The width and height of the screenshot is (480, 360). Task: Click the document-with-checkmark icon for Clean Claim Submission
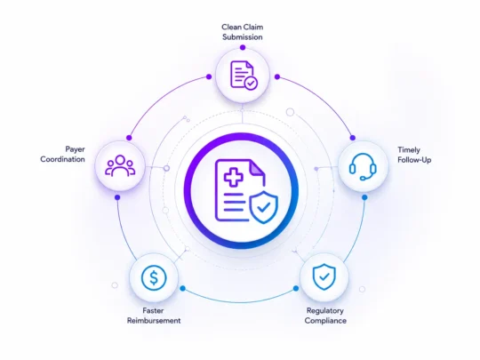pyautogui.click(x=244, y=75)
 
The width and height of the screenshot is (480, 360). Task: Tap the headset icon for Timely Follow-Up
pyautogui.click(x=363, y=166)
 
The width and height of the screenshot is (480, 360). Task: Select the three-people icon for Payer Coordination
pyautogui.click(x=120, y=165)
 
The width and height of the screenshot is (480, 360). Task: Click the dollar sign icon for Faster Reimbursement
pyautogui.click(x=154, y=277)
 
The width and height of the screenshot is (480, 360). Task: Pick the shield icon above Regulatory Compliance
pyautogui.click(x=324, y=276)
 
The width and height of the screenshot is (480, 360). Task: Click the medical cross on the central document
pyautogui.click(x=234, y=176)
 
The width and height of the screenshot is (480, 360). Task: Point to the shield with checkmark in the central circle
pyautogui.click(x=264, y=207)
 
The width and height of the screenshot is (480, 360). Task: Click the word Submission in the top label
pyautogui.click(x=243, y=37)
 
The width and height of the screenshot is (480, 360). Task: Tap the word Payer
pyautogui.click(x=75, y=149)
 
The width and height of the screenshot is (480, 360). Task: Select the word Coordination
pyautogui.click(x=63, y=159)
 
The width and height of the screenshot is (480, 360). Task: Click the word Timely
pyautogui.click(x=409, y=150)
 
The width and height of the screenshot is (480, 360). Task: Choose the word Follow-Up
pyautogui.click(x=414, y=160)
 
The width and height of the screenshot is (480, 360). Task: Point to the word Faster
pyautogui.click(x=153, y=311)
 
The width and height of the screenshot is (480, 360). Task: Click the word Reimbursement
pyautogui.click(x=154, y=321)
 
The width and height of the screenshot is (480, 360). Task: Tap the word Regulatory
pyautogui.click(x=324, y=311)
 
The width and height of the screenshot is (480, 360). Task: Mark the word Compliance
pyautogui.click(x=325, y=321)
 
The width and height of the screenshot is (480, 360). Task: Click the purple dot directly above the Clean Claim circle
pyautogui.click(x=243, y=47)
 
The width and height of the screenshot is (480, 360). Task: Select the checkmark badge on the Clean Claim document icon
pyautogui.click(x=251, y=83)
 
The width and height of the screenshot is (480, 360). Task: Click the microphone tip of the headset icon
pyautogui.click(x=362, y=178)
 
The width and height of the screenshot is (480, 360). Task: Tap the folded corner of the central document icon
pyautogui.click(x=258, y=168)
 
